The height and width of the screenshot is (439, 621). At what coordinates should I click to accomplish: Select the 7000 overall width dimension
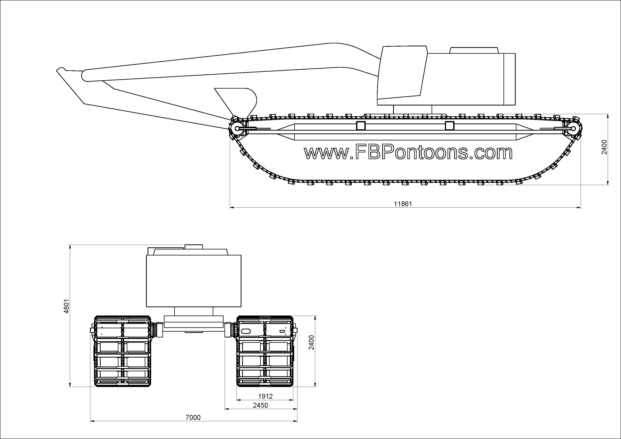click(x=193, y=418)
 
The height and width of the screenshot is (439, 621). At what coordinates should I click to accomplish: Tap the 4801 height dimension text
click(x=66, y=306)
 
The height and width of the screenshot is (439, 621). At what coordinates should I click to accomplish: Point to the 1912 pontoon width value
click(x=265, y=396)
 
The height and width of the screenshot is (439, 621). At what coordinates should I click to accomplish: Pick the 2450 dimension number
click(x=260, y=405)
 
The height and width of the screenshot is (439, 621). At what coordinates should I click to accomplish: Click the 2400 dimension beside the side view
click(x=604, y=147)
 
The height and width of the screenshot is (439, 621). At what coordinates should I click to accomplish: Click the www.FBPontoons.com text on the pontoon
click(x=408, y=153)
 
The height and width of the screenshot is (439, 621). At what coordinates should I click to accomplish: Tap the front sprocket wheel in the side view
click(x=237, y=129)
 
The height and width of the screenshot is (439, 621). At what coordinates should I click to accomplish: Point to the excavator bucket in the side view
click(x=236, y=102)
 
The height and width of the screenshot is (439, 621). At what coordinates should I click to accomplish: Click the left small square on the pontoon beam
click(x=361, y=126)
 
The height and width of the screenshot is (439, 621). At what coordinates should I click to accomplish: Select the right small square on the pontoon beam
click(x=450, y=126)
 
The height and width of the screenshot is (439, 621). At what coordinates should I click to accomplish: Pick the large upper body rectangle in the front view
click(x=194, y=281)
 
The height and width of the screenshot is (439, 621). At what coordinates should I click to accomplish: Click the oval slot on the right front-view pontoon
click(x=246, y=331)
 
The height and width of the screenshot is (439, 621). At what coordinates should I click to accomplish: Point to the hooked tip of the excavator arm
click(x=61, y=69)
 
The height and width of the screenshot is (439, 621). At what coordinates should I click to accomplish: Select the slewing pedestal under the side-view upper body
click(x=412, y=109)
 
